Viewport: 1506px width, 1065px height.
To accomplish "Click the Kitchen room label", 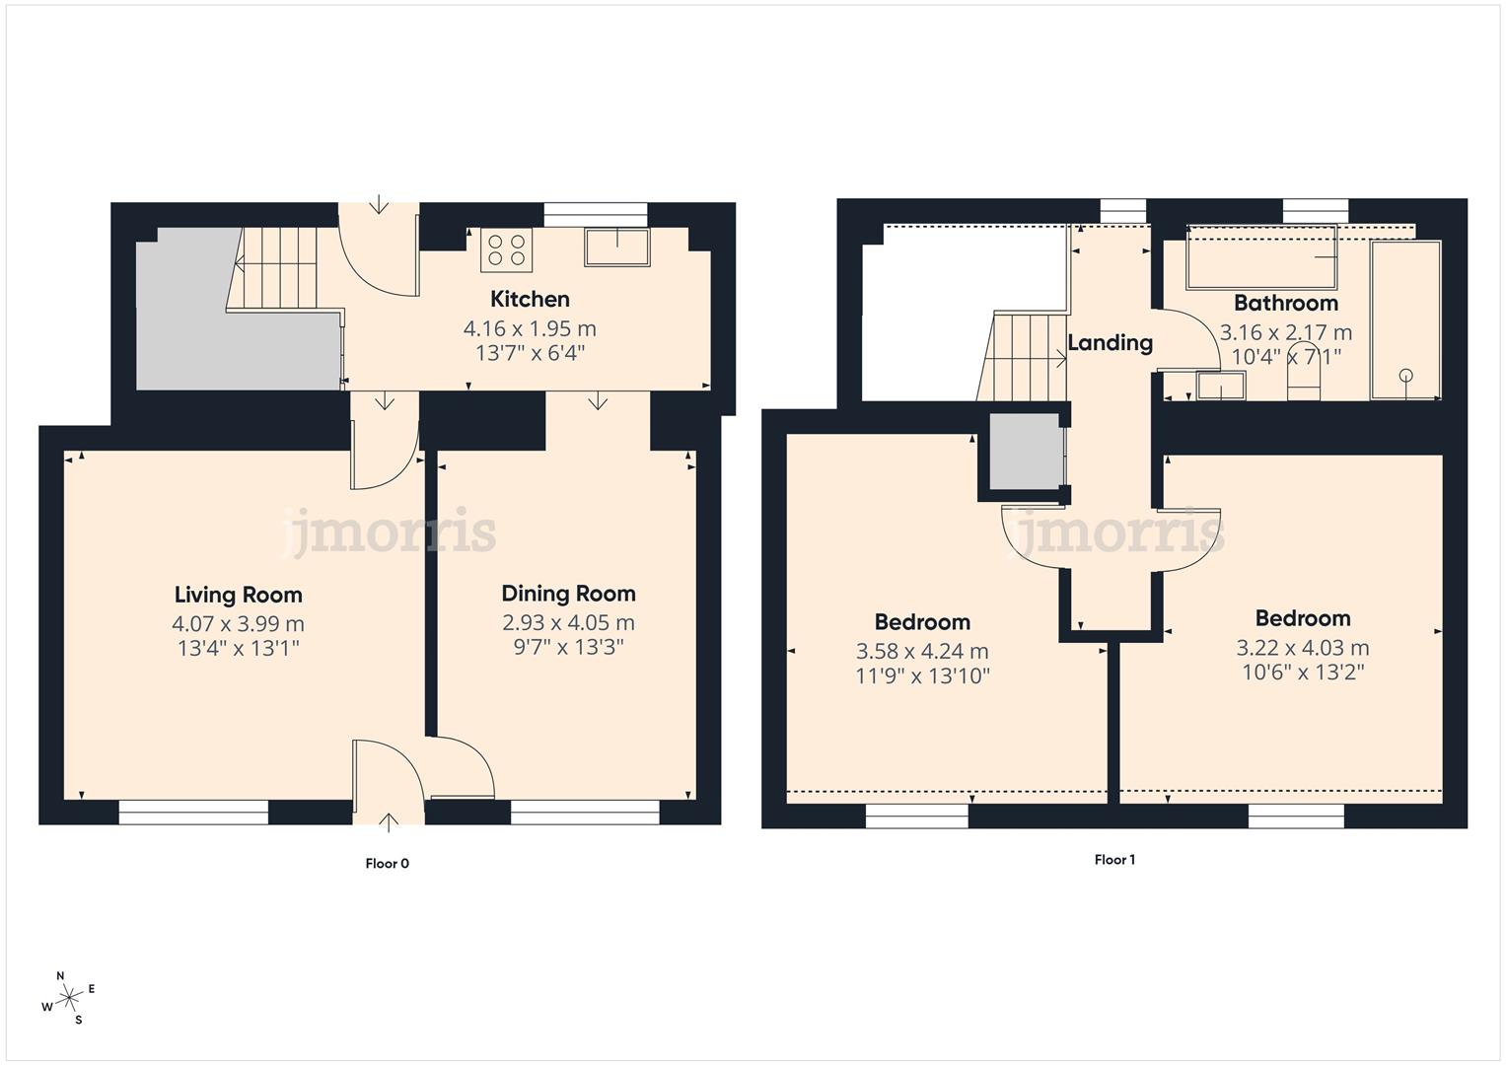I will click(x=530, y=299).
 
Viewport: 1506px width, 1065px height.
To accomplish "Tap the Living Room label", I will click(x=238, y=595).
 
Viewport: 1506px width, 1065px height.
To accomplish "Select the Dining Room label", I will click(x=568, y=594).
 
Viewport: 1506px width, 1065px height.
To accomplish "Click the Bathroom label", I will click(x=1285, y=303).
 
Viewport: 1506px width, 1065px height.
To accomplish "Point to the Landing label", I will click(x=1110, y=342).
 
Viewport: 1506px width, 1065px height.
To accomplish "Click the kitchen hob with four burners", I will click(x=506, y=249).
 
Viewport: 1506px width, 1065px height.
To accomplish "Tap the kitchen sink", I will click(x=617, y=247).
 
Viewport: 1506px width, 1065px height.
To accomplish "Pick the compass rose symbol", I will click(x=69, y=998).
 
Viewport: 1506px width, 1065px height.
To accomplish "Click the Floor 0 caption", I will click(x=387, y=864).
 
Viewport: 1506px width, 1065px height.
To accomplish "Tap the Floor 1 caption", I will click(x=1114, y=860).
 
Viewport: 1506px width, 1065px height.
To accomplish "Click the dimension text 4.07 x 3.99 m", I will click(x=238, y=624).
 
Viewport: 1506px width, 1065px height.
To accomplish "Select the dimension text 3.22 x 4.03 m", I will click(x=1302, y=648).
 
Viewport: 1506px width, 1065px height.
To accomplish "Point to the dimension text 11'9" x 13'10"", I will click(x=922, y=676).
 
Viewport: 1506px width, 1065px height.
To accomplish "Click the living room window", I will click(x=193, y=812).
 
